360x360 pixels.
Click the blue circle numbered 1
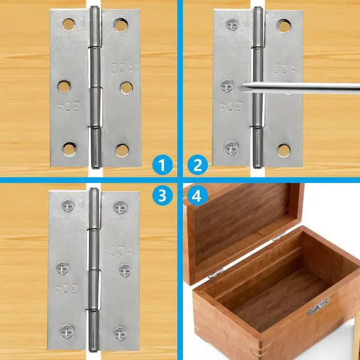click(163, 165)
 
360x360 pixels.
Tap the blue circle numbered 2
click(197, 165)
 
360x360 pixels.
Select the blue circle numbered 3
click(163, 195)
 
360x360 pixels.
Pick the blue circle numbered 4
click(197, 195)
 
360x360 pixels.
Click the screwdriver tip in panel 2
click(240, 88)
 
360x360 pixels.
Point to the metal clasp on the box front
click(318, 306)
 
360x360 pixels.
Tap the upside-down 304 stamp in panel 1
click(70, 106)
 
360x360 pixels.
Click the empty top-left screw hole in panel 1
click(69, 25)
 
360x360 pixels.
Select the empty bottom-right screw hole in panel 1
click(122, 151)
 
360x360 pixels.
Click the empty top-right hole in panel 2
click(284, 26)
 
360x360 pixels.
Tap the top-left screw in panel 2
click(232, 25)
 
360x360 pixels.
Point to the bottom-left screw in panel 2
click(231, 148)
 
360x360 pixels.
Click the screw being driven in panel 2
click(227, 86)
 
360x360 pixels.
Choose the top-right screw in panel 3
click(120, 208)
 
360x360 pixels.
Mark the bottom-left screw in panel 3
click(67, 332)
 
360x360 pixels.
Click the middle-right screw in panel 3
click(125, 271)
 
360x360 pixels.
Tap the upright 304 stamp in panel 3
click(121, 251)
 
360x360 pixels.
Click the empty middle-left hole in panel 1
click(64, 87)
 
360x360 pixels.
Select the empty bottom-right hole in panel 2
click(283, 151)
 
